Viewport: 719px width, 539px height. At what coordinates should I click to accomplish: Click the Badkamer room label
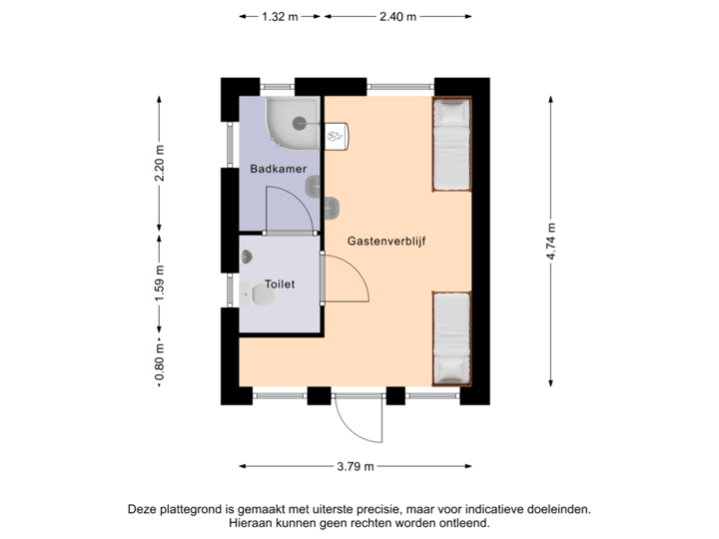coord(278,170)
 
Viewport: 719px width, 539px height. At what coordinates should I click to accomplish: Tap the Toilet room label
coord(280,284)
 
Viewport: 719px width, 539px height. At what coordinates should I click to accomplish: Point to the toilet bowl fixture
coord(260,295)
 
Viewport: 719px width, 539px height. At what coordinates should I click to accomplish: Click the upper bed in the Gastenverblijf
coord(450,145)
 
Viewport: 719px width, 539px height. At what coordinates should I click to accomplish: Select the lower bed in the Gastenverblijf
coord(450,338)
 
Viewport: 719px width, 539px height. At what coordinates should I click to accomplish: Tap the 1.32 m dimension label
coord(280,16)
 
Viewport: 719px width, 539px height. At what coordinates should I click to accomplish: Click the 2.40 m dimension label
coord(397,16)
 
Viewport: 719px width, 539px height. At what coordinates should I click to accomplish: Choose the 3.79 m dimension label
coord(356,465)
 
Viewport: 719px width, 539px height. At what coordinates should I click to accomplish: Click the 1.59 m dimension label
coord(160,283)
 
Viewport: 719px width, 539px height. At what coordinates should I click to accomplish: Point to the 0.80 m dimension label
coord(160,362)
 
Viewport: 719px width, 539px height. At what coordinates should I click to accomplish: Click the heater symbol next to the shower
coord(337,132)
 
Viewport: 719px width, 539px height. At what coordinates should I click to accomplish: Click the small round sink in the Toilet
coord(246,257)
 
